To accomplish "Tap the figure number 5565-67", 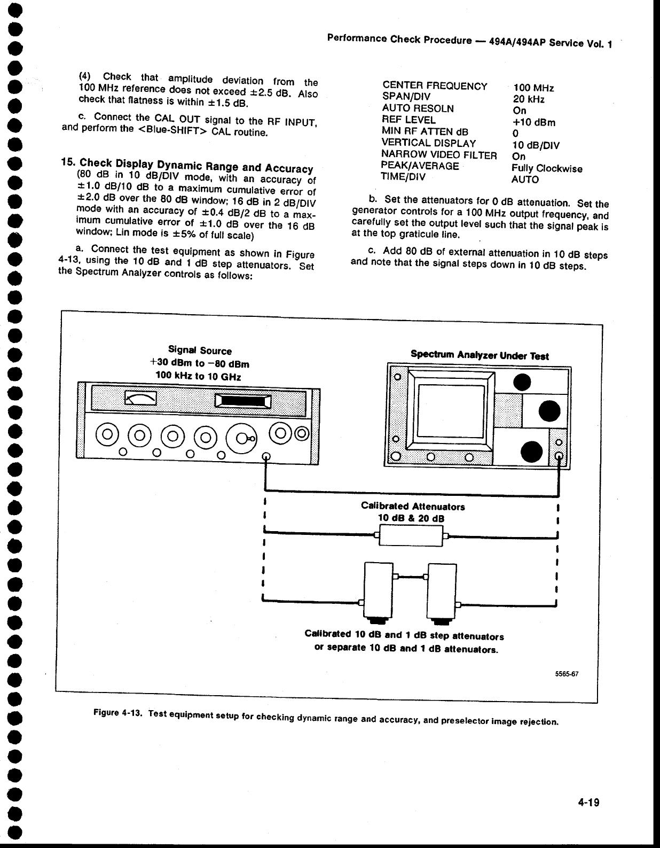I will (x=567, y=674).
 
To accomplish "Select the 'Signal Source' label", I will (x=200, y=351).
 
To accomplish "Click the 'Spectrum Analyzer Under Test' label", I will (x=480, y=356).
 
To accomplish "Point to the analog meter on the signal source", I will (x=140, y=398).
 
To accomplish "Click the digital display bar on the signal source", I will (x=243, y=401).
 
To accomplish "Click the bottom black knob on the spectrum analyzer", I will (x=533, y=452).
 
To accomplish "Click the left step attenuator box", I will (x=378, y=590).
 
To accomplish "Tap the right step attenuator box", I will (x=442, y=590).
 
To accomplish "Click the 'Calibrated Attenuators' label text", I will (x=413, y=506).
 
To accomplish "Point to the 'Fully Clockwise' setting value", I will (x=547, y=168).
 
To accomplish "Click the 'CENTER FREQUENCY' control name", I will (x=435, y=86).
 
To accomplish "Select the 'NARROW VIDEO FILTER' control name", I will (x=439, y=155).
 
